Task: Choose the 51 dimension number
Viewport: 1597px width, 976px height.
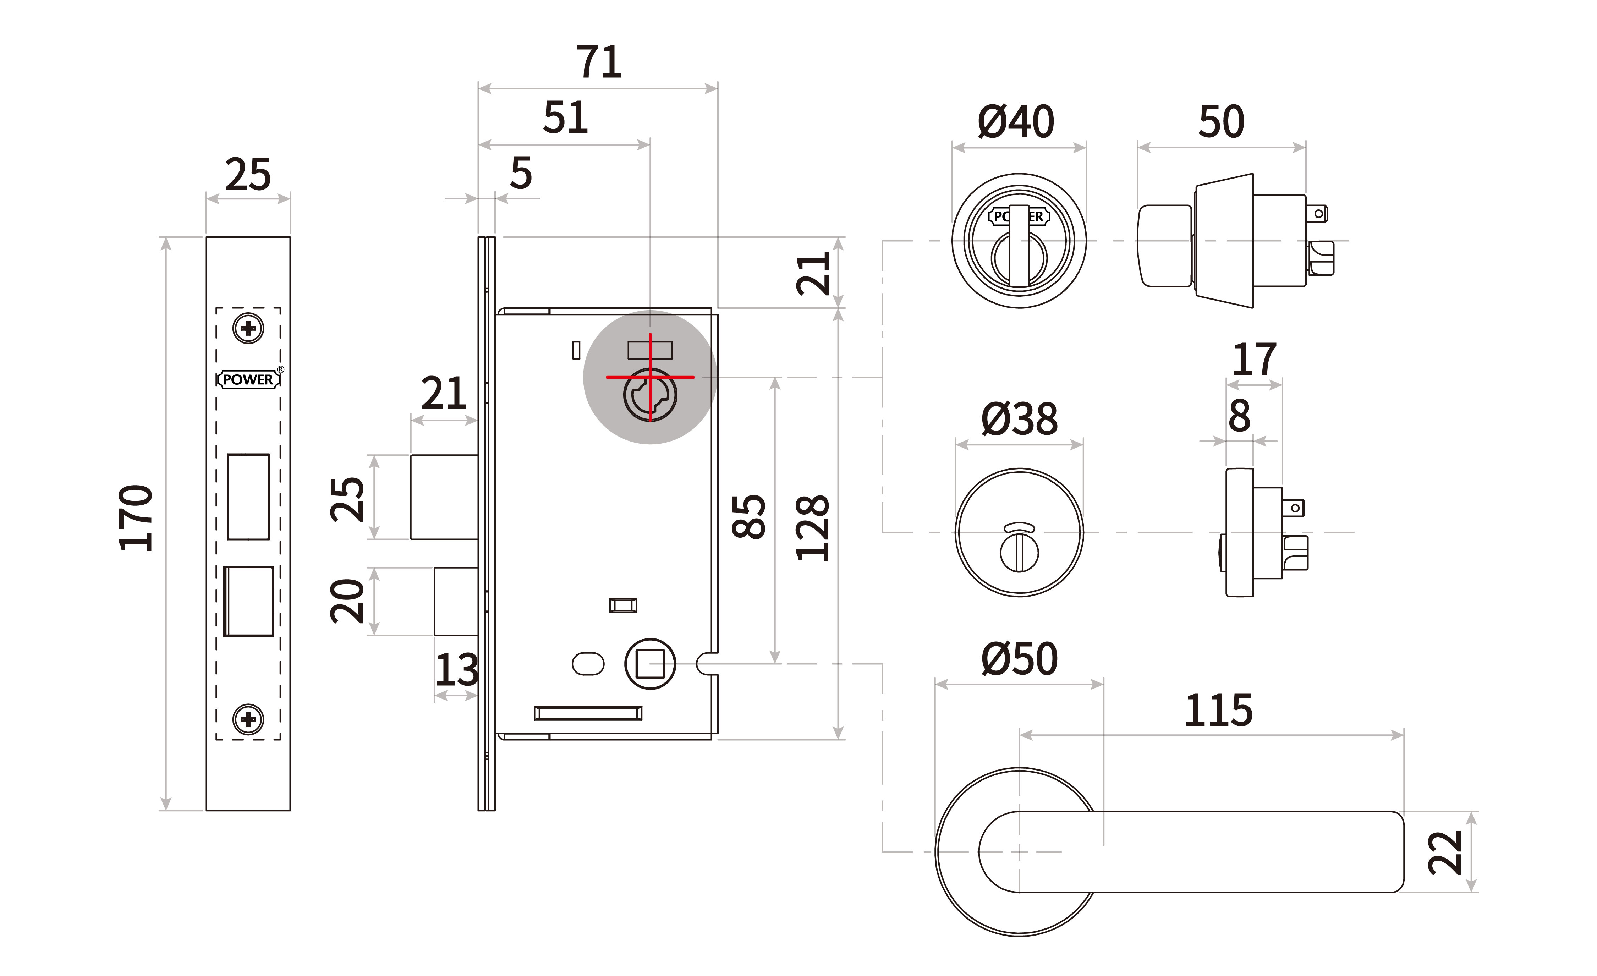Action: pyautogui.click(x=565, y=118)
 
